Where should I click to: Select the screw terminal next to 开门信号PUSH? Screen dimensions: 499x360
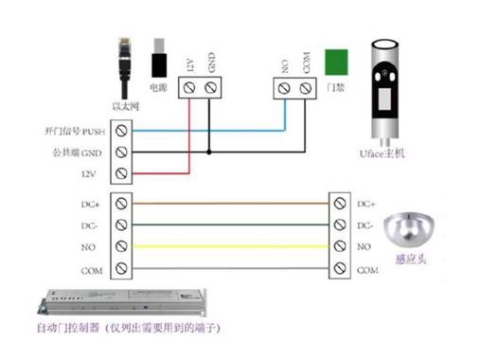click(x=121, y=131)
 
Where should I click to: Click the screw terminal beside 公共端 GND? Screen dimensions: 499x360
click(x=121, y=152)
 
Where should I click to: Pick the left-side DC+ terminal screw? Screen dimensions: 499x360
click(x=121, y=203)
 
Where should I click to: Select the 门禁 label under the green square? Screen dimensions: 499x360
click(x=334, y=86)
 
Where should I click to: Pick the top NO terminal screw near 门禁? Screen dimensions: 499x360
click(x=284, y=88)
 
